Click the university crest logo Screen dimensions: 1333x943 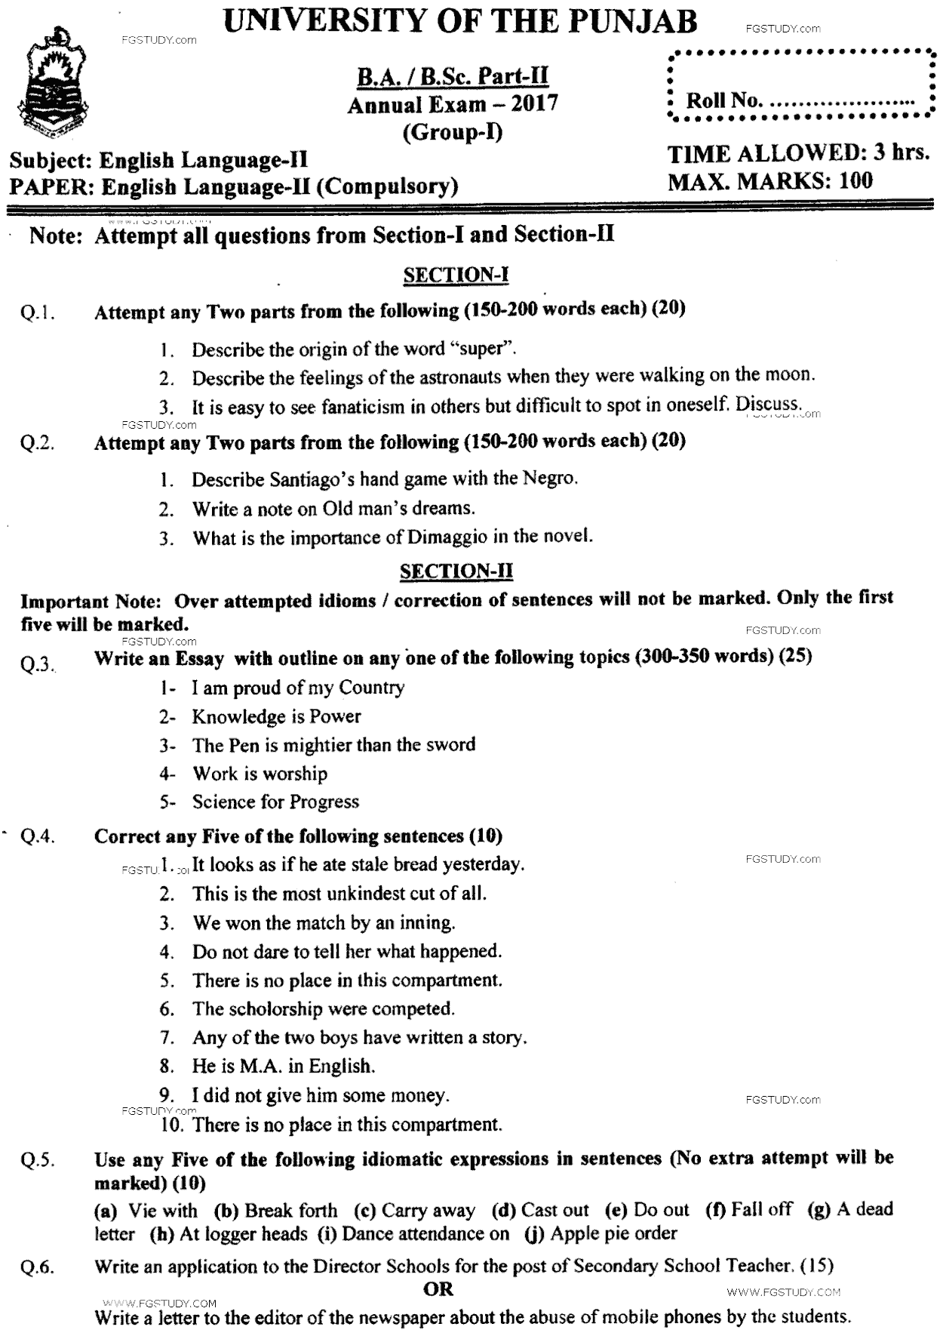56,88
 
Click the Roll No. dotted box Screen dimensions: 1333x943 800,85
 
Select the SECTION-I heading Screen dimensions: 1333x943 456,275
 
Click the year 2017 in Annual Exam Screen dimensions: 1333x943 534,104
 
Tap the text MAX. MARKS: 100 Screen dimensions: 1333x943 769,181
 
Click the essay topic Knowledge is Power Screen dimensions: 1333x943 276,716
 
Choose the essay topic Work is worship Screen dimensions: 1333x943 260,773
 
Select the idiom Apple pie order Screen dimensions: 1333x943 613,1233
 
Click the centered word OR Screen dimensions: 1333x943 438,1288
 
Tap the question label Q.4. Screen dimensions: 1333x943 38,837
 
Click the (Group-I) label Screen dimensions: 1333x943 453,132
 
